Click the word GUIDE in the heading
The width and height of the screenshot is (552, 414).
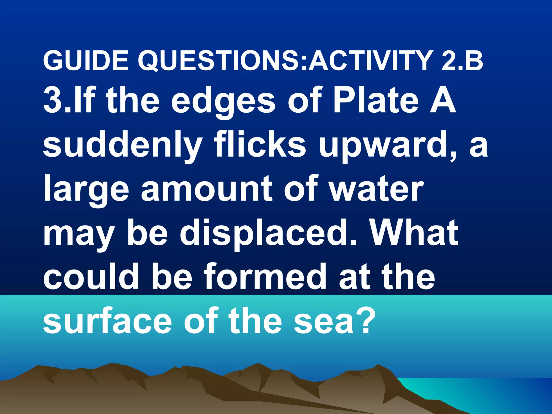(86, 61)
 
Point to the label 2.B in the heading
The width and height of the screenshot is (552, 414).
(462, 61)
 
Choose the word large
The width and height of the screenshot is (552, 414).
(86, 190)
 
